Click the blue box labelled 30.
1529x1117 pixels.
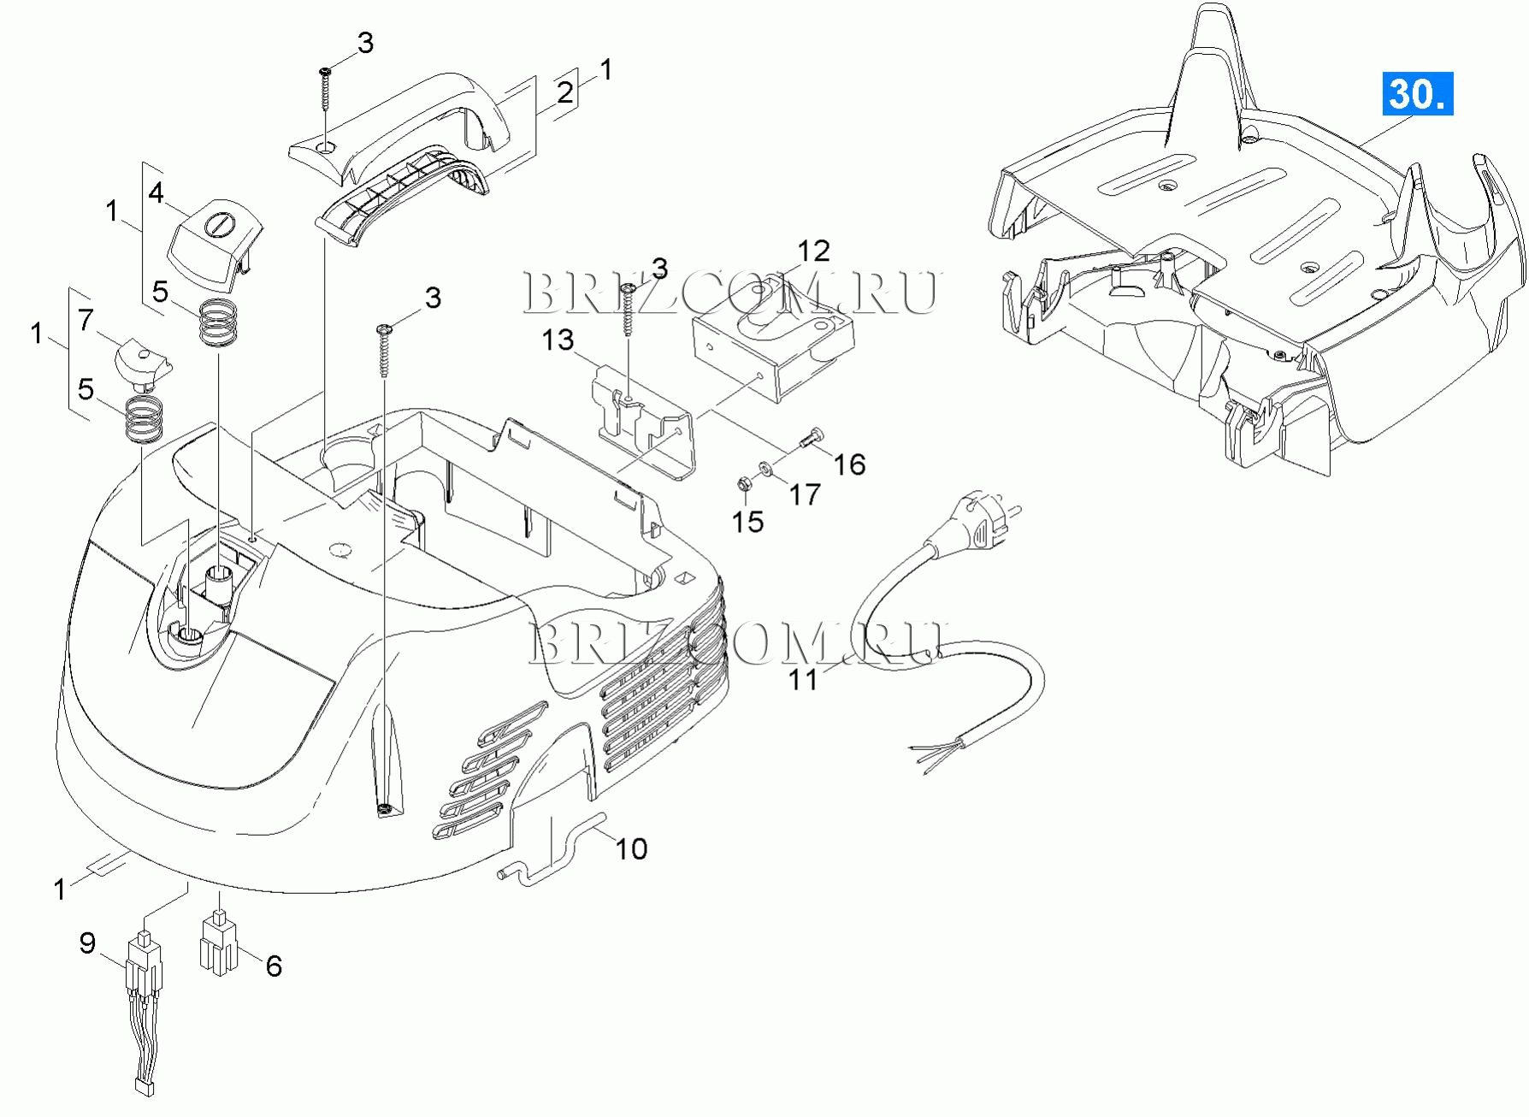tap(1418, 94)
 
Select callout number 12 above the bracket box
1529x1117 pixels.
tap(813, 251)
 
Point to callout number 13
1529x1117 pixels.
tap(558, 340)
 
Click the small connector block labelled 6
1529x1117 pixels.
tap(219, 943)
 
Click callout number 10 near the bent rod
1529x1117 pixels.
tap(632, 848)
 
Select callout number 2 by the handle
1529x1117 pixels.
tap(565, 92)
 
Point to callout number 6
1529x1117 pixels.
tap(274, 966)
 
